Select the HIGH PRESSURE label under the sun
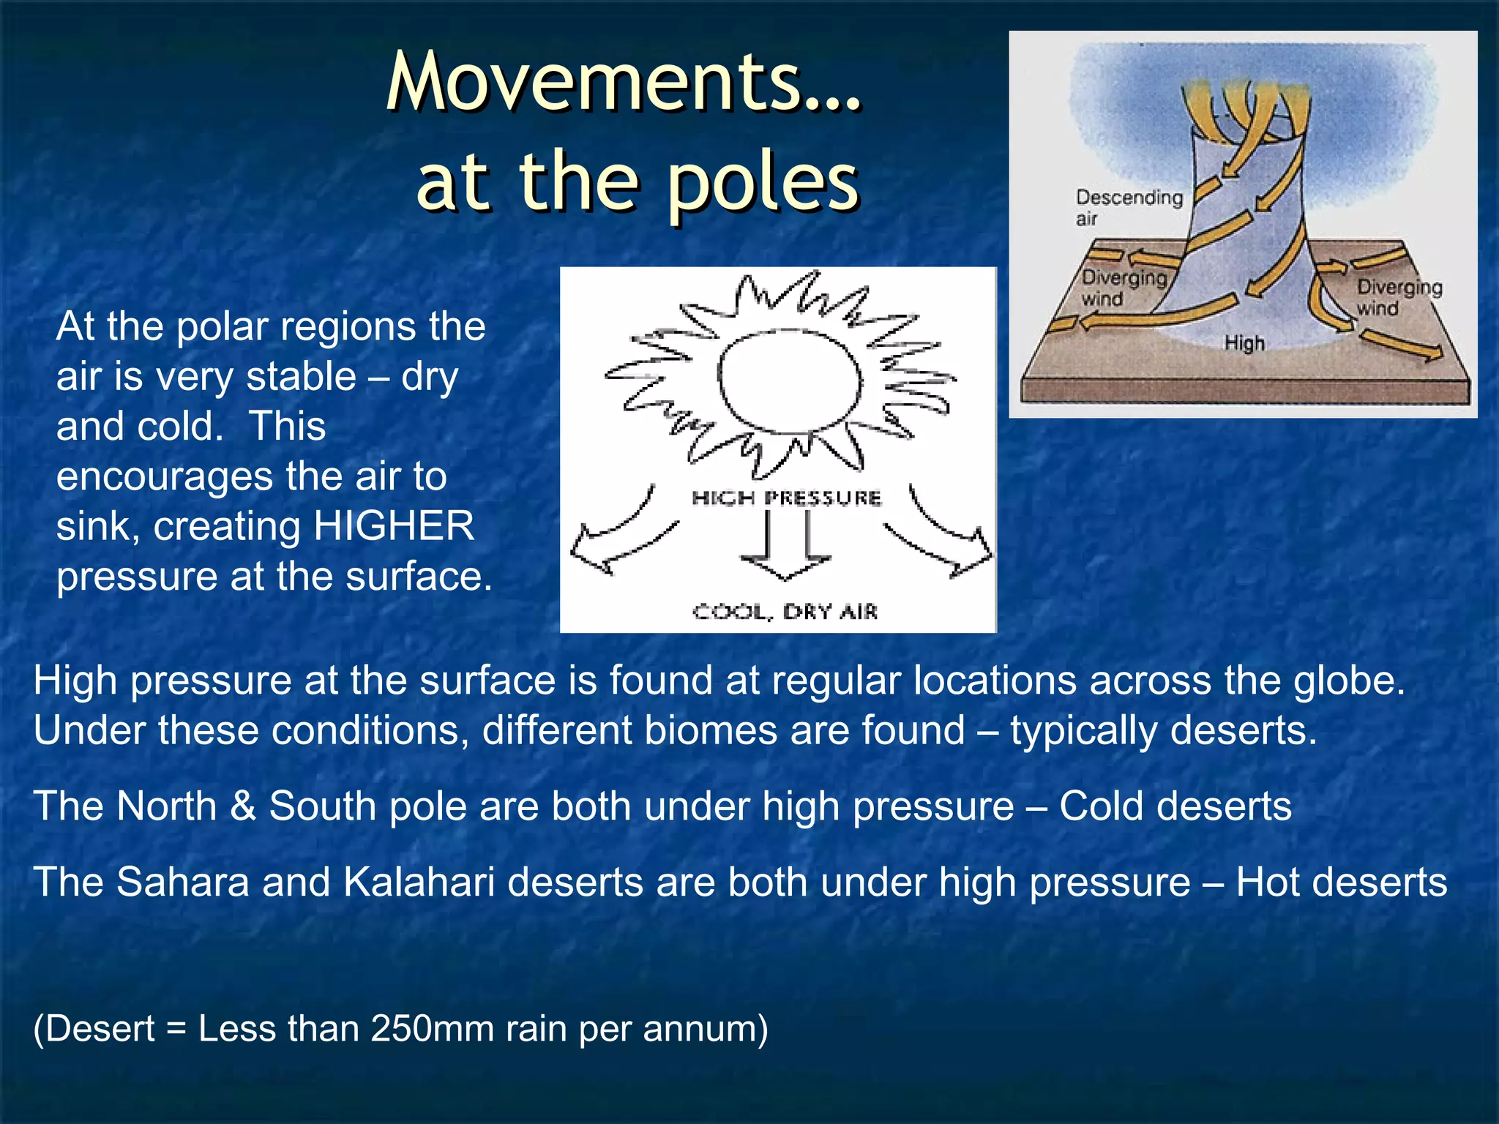tap(786, 498)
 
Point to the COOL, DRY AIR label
tap(785, 611)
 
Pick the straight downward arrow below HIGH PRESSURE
tap(786, 545)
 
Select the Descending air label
tap(1128, 207)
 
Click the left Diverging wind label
tap(1123, 288)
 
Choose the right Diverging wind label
tap(1399, 297)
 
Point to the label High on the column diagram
tap(1244, 342)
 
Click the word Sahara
tap(183, 882)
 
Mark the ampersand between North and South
tap(243, 806)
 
